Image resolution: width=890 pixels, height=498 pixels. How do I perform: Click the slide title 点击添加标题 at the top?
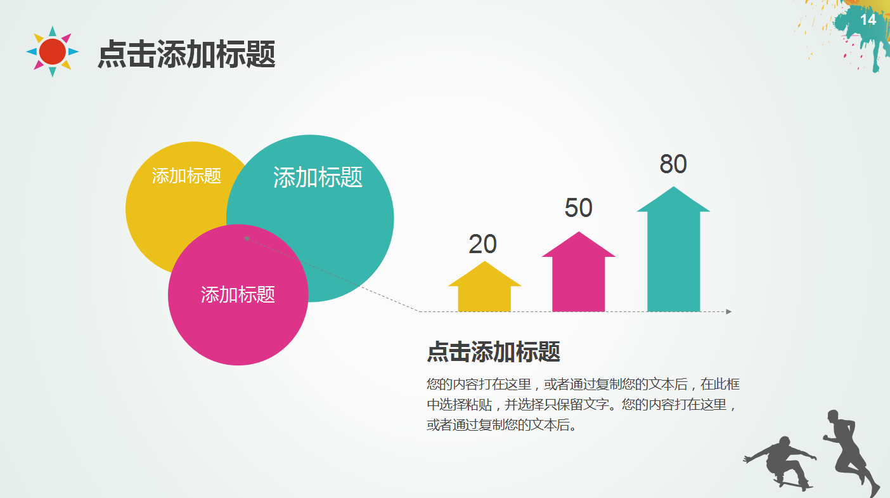point(186,55)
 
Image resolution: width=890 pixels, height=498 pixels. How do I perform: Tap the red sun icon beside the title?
point(53,51)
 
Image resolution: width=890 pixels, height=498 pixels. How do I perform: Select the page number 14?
point(868,20)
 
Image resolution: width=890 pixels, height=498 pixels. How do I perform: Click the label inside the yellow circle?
point(186,176)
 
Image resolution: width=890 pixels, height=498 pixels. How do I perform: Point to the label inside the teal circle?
point(318,177)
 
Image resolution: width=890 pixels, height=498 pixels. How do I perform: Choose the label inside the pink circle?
point(238,294)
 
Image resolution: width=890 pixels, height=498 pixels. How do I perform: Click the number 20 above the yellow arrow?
point(483,244)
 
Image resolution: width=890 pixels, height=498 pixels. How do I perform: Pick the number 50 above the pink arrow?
point(578,208)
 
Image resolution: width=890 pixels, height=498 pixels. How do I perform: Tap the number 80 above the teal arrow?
point(673,164)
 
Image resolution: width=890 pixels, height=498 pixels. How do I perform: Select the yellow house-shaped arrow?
point(484,289)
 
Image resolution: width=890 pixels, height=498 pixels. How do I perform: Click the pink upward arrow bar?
point(578,274)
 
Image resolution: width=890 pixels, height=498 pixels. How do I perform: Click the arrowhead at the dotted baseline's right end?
point(729,311)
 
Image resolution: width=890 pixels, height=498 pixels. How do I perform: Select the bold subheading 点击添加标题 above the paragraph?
point(493,351)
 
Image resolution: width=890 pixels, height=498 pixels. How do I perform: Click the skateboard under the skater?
point(794,485)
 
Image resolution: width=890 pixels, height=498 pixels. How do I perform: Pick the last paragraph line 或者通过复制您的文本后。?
point(502,424)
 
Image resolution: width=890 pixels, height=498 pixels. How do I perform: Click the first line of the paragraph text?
point(583,384)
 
